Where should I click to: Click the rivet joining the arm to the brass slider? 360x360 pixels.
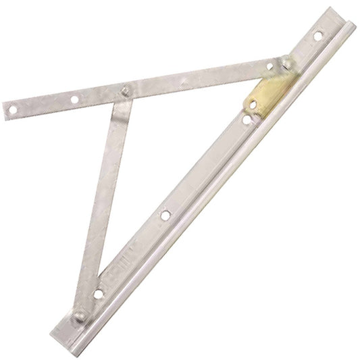coord(287,63)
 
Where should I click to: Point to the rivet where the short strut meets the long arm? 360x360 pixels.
coord(124,91)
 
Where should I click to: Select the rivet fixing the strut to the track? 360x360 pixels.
coord(80,315)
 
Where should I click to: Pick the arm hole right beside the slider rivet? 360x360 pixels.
coord(269,67)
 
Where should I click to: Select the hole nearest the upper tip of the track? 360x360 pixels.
coord(317,34)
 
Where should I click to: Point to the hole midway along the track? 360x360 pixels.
coord(165,216)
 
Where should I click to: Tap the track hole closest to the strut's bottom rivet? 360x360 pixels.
coord(99,294)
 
